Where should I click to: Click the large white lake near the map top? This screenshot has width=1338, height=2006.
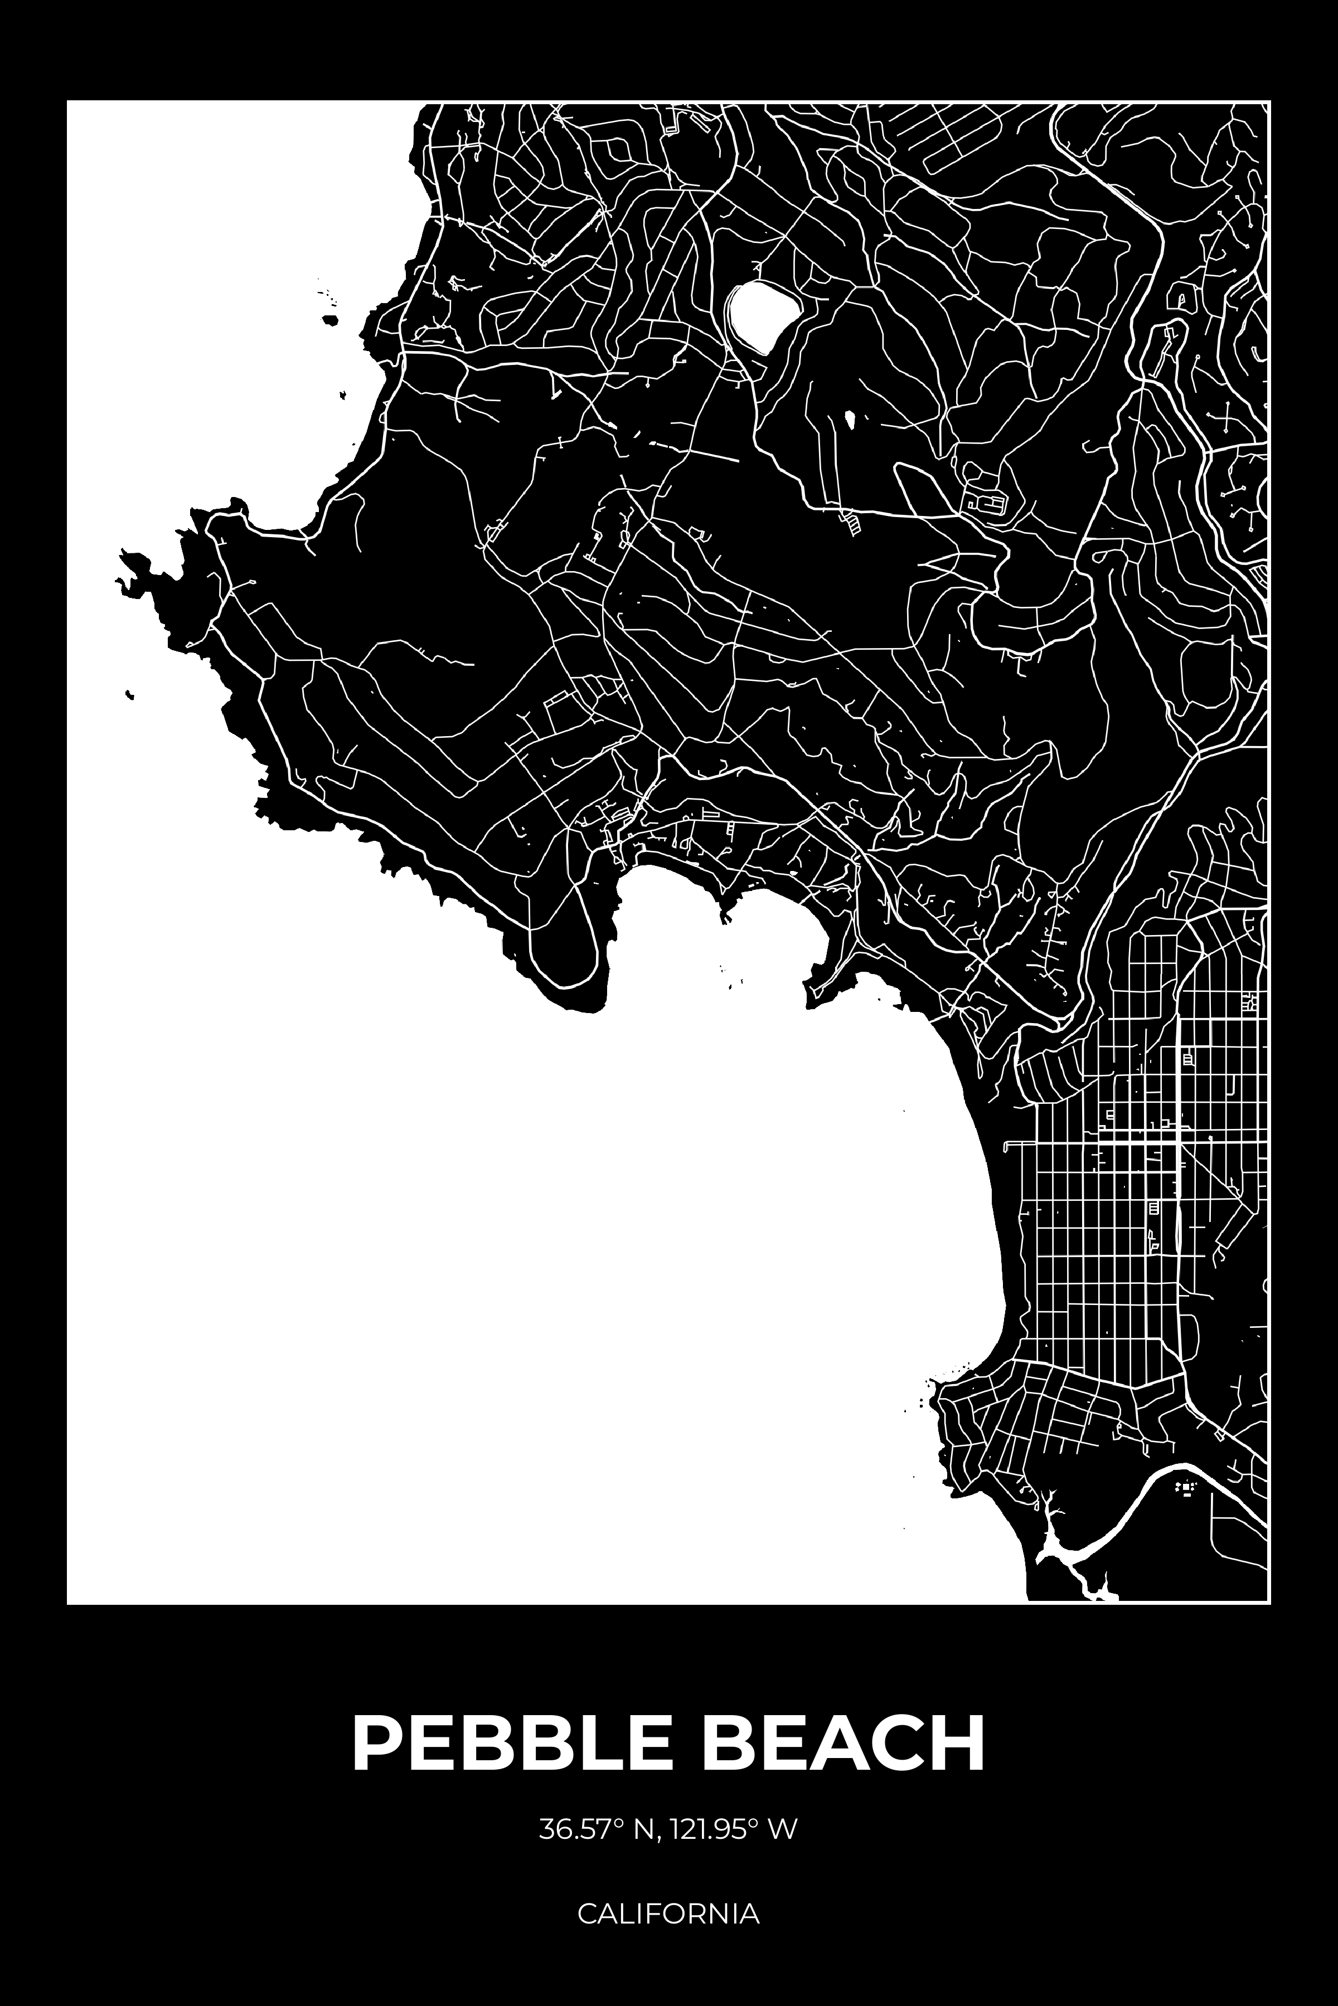click(x=762, y=315)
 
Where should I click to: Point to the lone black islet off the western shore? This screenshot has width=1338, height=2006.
click(x=129, y=695)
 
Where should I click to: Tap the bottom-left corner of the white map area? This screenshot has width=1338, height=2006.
click(x=70, y=1601)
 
